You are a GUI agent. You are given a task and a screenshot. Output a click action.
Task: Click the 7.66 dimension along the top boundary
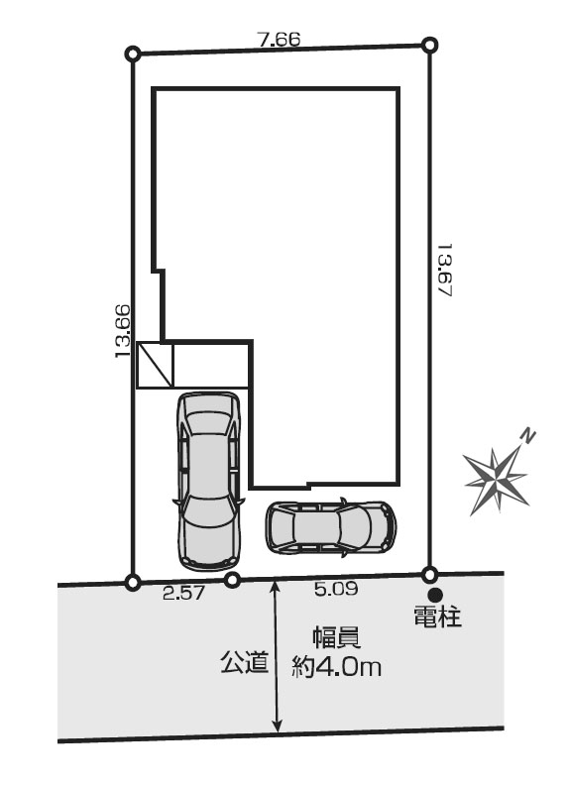280,39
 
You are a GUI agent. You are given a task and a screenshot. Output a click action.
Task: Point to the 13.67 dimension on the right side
445,271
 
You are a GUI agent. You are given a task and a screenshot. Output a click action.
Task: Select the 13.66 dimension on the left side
123,331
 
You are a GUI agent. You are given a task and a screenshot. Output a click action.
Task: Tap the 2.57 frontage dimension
183,593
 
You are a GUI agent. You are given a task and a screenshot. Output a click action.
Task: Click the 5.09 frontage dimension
336,588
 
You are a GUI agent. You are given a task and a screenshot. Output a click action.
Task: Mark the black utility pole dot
435,595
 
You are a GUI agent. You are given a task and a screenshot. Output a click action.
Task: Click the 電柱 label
437,617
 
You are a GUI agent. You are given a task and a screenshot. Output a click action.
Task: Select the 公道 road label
245,661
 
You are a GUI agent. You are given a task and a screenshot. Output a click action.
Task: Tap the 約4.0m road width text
336,666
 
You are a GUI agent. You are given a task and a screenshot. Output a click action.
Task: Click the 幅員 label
337,638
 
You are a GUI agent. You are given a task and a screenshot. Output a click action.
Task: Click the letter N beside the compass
527,436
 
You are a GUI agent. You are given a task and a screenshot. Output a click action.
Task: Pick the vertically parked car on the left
208,481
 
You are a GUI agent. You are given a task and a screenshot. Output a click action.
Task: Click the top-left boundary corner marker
133,54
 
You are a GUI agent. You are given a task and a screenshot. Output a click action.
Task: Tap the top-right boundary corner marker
429,46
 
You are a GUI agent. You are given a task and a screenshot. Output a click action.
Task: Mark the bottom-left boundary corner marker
133,582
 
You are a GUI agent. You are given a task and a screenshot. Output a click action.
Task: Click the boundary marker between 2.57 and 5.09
231,580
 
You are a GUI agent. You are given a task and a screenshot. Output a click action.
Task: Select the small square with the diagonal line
155,365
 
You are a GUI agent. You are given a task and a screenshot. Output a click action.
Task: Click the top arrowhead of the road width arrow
276,586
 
